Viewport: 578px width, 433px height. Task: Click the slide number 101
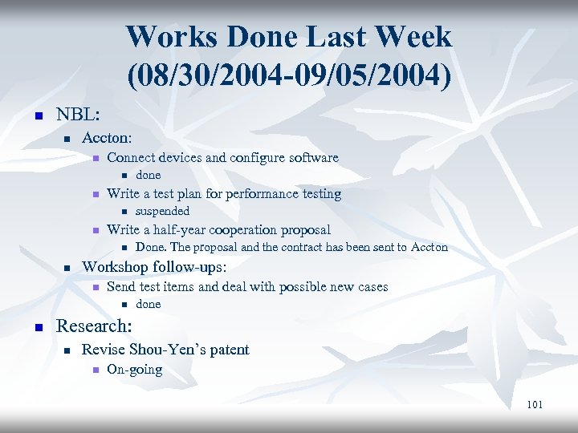535,404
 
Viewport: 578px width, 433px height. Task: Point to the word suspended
162,211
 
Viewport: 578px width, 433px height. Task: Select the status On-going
134,370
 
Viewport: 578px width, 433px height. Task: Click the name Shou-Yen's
166,349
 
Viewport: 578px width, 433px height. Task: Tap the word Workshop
116,265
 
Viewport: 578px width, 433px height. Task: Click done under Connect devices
148,175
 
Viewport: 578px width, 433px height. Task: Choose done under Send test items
148,304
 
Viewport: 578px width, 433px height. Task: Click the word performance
262,193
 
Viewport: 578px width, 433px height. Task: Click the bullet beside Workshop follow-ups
68,267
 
